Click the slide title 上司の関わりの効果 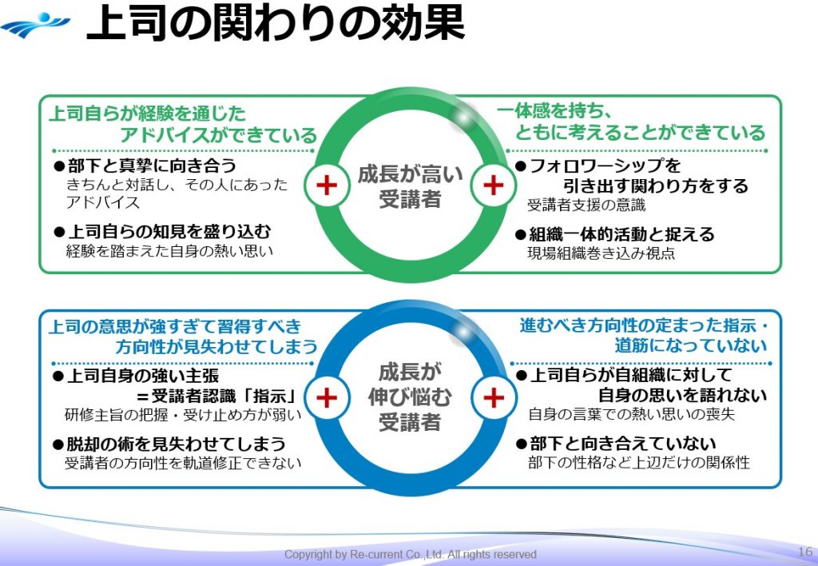(276, 24)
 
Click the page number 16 (804, 552)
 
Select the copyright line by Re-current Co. (411, 554)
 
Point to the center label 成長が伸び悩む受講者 (410, 397)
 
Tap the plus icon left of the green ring (326, 185)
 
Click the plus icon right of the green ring (494, 185)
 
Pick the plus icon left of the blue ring (326, 397)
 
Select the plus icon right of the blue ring (494, 397)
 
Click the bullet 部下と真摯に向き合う (145, 165)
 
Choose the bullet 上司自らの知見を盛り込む (162, 231)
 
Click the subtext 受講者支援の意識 (586, 205)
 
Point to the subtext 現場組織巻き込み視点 (601, 253)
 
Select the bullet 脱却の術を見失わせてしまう (169, 443)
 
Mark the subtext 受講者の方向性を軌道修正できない (183, 463)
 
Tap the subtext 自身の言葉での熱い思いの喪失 (631, 414)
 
